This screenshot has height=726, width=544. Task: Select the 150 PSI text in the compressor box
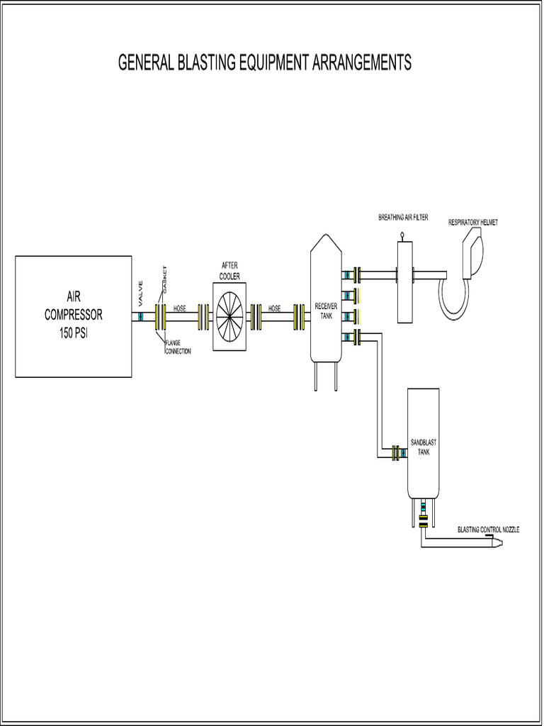point(74,329)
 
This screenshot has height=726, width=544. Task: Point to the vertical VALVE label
point(141,293)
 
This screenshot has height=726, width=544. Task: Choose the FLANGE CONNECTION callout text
point(177,347)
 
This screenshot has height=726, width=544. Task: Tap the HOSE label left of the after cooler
point(180,309)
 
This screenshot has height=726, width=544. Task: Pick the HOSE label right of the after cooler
point(274,309)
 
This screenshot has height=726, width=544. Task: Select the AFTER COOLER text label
point(229,270)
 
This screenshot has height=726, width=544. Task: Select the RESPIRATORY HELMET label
point(473,223)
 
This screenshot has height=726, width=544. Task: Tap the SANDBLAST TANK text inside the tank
point(423,447)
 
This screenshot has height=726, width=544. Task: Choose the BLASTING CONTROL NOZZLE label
point(488,530)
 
